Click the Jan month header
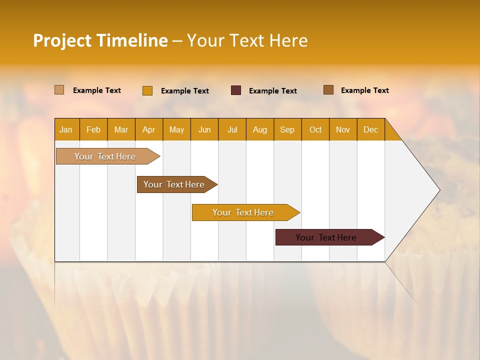point(66,129)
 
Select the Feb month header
point(93,129)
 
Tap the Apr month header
point(149,129)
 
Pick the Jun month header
point(204,129)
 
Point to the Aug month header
point(260,129)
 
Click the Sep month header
point(287,129)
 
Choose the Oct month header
point(315,129)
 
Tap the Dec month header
point(371,129)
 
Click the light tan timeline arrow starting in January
point(105,156)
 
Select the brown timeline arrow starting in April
point(174,184)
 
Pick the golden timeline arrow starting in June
point(243,212)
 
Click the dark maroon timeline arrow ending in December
point(326,237)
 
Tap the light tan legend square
point(59,90)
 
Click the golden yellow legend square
point(147,90)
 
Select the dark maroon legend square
point(236,90)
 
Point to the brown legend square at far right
point(328,90)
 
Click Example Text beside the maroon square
point(273,90)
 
